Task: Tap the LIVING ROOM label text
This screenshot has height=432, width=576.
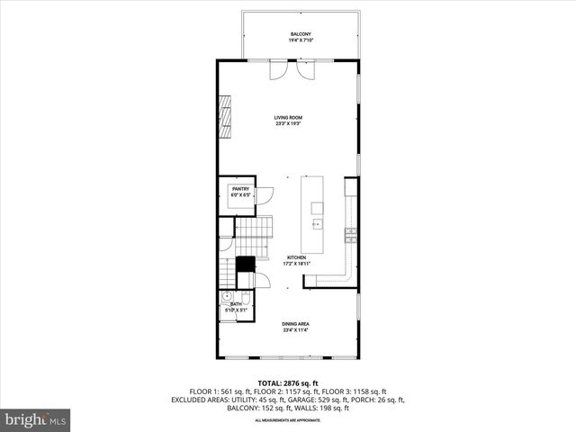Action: click(x=288, y=117)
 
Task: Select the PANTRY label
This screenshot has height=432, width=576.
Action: click(x=239, y=189)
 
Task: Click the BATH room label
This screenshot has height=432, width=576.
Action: click(x=236, y=304)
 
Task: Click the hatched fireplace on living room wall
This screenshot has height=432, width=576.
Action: click(x=226, y=115)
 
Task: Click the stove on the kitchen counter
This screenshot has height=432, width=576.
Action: click(x=350, y=236)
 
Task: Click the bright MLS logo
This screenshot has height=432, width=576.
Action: click(x=36, y=419)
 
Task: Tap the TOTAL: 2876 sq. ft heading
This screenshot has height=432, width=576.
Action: click(x=288, y=383)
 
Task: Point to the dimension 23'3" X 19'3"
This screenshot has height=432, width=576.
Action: click(x=288, y=124)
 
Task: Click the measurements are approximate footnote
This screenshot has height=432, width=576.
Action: click(x=288, y=420)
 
